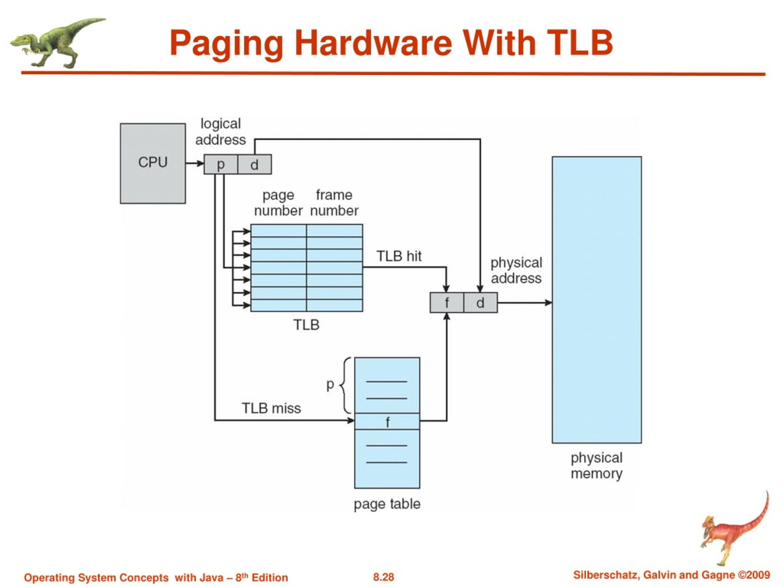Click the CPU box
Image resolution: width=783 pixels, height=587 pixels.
coord(153,164)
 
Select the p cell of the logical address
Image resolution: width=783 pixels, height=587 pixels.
coord(221,164)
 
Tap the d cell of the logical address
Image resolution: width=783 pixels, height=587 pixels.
coord(255,164)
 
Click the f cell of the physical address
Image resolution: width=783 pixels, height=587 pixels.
coord(447,303)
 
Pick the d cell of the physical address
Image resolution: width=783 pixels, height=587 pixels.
coord(480,303)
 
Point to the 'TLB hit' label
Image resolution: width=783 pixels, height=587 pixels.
coord(399,256)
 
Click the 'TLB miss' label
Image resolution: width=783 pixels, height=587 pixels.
coord(271,408)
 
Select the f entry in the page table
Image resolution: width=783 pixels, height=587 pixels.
coord(387,421)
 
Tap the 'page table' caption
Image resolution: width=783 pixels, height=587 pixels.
coord(387,504)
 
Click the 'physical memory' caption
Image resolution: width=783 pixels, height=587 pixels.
coord(596,466)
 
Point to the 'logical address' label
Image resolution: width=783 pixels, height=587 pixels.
coord(221,132)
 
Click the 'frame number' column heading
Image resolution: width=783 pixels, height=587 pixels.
coord(335,203)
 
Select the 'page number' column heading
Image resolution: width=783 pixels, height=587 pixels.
coord(278,203)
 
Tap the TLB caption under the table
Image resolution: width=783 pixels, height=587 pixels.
coord(306,325)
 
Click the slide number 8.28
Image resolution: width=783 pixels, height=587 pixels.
coord(383,577)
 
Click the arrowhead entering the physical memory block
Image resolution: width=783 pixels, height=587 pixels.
coord(548,303)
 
